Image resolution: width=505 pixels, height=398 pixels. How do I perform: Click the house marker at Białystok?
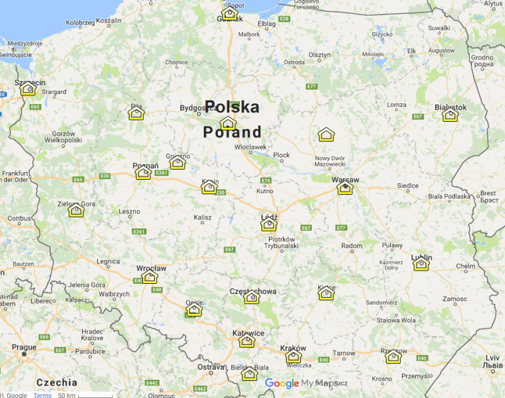pyautogui.click(x=450, y=115)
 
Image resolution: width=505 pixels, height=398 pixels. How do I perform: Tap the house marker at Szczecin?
pyautogui.click(x=28, y=88)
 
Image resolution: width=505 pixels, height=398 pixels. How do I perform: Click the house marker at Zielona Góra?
pyautogui.click(x=76, y=210)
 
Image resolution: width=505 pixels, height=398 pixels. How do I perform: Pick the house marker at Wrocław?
pyautogui.click(x=150, y=276)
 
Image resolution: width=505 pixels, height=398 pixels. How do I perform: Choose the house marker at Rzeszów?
pyautogui.click(x=393, y=357)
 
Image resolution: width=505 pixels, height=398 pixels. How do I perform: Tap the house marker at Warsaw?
pyautogui.click(x=345, y=187)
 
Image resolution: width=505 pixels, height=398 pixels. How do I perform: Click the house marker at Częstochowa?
pyautogui.click(x=252, y=297)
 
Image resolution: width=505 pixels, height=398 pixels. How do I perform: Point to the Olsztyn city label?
pyautogui.click(x=320, y=56)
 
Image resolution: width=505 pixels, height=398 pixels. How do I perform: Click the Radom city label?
pyautogui.click(x=352, y=245)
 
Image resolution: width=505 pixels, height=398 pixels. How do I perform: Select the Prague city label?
pyautogui.click(x=24, y=347)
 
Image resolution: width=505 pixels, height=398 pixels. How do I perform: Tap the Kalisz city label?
pyautogui.click(x=203, y=218)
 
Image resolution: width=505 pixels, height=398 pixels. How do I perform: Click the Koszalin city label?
pyautogui.click(x=109, y=21)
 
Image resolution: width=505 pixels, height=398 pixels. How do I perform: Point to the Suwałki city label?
pyautogui.click(x=439, y=28)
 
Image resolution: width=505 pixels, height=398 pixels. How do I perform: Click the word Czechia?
pyautogui.click(x=57, y=382)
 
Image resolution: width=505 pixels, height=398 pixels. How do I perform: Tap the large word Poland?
pyautogui.click(x=232, y=132)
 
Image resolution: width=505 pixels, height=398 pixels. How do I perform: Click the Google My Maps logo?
pyautogui.click(x=301, y=383)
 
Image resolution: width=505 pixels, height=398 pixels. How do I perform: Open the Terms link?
pyautogui.click(x=42, y=395)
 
